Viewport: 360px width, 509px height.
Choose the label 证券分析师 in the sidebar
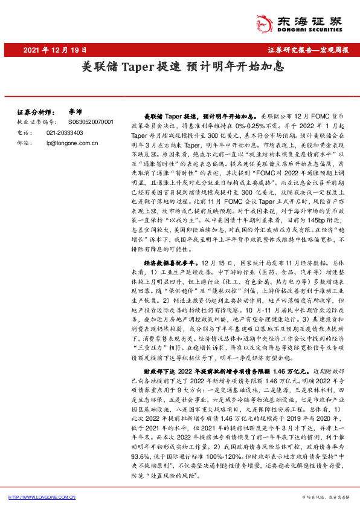point(36,112)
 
